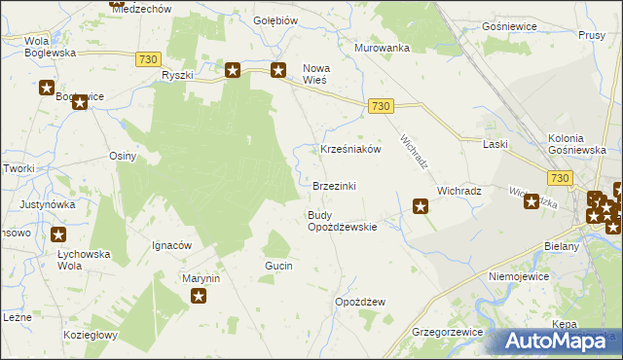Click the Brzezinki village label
(340, 186)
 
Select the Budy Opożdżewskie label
(342, 221)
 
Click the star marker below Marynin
(200, 297)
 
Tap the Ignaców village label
(171, 245)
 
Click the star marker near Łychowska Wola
(58, 234)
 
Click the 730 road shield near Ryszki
(148, 59)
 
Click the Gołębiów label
(275, 19)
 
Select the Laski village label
(496, 144)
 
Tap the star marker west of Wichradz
(421, 205)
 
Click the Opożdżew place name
(359, 302)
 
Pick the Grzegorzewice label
(448, 332)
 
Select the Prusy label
(591, 35)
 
